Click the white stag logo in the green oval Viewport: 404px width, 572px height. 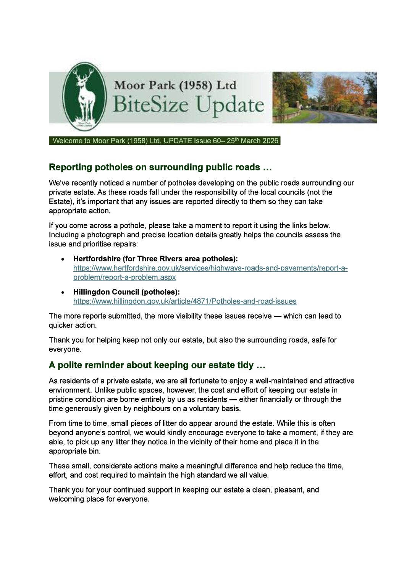point(84,96)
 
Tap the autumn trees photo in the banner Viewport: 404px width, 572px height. point(324,97)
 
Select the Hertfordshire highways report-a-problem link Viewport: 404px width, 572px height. point(210,268)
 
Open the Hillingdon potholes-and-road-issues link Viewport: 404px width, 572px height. point(185,301)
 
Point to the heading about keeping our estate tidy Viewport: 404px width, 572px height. point(157,365)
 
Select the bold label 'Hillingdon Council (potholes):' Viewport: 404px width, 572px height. point(126,292)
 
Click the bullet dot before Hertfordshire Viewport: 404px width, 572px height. point(63,259)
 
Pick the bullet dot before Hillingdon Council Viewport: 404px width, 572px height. point(63,292)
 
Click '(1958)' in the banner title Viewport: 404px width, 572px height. point(195,85)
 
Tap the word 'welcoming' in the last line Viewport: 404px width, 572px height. point(65,499)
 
